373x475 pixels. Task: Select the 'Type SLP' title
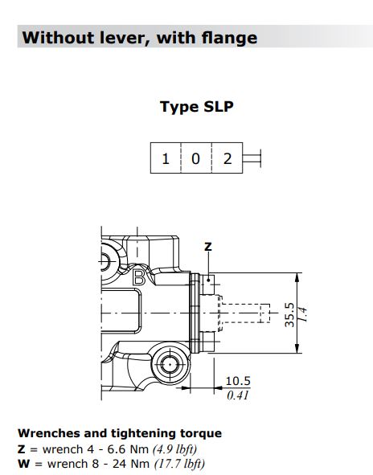196,107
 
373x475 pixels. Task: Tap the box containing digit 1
166,158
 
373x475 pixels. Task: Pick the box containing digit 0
195,158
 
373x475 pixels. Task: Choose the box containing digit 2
227,158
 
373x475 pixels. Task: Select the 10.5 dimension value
237,381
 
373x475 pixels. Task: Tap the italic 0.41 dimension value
237,394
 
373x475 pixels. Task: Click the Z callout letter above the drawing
207,246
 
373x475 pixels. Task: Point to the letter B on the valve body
138,280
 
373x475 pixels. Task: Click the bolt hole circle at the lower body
170,364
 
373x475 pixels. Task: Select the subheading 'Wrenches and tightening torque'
119,433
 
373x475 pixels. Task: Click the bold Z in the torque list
22,448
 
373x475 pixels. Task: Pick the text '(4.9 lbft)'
170,448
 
